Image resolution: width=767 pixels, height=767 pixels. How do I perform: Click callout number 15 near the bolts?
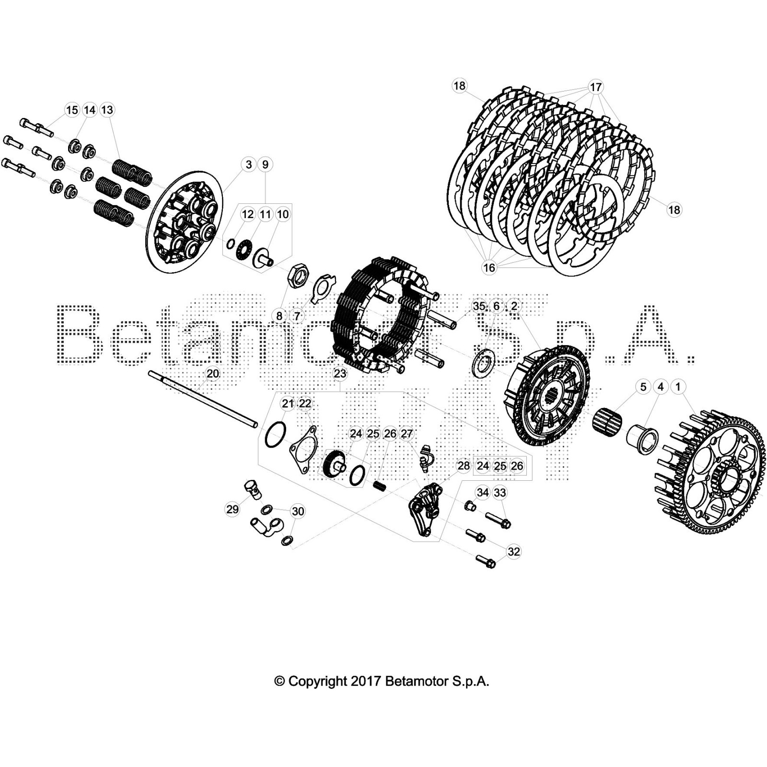click(x=72, y=110)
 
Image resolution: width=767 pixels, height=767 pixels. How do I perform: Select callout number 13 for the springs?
click(x=107, y=110)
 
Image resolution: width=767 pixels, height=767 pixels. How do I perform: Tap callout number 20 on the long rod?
click(x=212, y=373)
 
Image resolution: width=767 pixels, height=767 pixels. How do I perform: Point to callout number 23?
click(x=339, y=373)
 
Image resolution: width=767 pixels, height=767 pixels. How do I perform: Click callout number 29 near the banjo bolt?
click(x=232, y=509)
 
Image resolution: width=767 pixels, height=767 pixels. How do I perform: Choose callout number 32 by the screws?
click(x=513, y=551)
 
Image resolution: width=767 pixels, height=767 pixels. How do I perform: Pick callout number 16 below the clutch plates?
click(x=489, y=267)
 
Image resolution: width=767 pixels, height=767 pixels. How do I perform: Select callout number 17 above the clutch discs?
click(x=595, y=87)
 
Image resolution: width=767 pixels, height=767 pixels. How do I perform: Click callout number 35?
click(x=479, y=306)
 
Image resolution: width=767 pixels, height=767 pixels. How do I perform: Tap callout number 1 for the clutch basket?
click(x=678, y=386)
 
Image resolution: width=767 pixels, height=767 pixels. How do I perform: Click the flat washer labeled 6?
click(x=483, y=365)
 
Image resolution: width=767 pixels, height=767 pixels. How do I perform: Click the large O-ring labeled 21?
click(x=275, y=435)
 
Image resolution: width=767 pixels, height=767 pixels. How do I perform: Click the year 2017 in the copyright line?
click(x=366, y=681)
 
